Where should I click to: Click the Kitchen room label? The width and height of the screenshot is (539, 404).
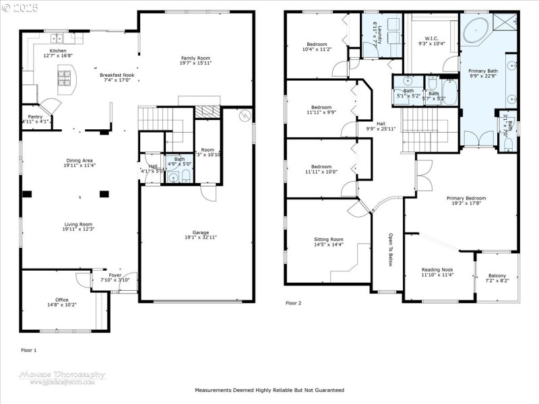(58, 50)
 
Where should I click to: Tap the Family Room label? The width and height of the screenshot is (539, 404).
(196, 58)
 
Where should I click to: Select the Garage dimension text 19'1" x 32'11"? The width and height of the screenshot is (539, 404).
(201, 237)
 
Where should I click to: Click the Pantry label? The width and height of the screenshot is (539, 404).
(34, 116)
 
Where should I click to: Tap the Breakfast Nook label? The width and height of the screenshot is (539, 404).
(117, 75)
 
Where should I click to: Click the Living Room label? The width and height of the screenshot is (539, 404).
(78, 224)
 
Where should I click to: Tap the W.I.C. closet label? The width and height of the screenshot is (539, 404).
(432, 38)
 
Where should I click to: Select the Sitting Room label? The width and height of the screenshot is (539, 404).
(328, 239)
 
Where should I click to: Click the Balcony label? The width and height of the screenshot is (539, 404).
(497, 275)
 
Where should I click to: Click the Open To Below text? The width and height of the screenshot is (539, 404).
(390, 250)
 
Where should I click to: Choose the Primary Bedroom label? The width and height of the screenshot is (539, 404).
(466, 198)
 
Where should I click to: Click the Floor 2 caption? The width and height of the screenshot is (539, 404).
(293, 303)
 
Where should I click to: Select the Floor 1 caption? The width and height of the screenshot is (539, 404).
(29, 350)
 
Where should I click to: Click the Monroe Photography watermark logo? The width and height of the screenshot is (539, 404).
(67, 377)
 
